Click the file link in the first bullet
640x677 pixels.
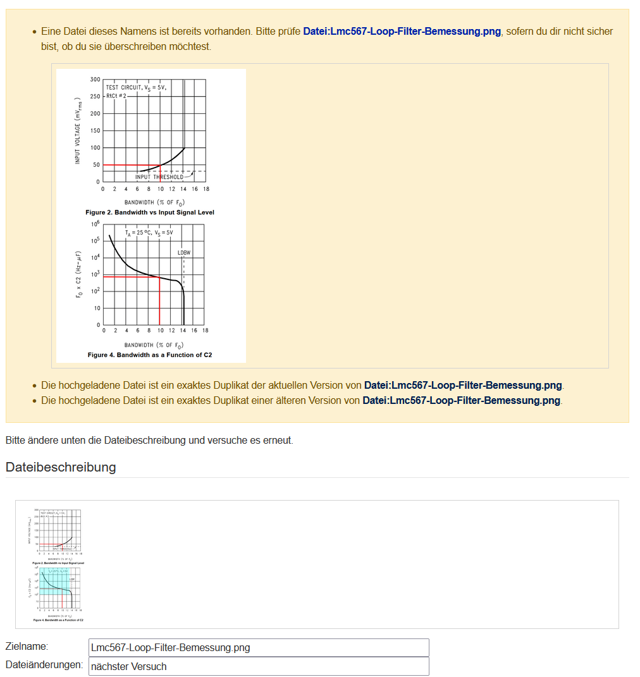[402, 31]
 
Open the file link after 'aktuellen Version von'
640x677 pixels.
[462, 385]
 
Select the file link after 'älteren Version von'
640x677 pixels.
[460, 400]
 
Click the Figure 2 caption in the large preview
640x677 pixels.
[150, 212]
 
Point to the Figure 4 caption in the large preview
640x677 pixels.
[150, 355]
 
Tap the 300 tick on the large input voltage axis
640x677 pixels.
[95, 80]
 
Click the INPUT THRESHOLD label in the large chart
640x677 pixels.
[159, 177]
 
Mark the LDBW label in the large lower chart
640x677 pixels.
[184, 253]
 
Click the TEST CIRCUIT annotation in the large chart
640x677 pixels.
[136, 88]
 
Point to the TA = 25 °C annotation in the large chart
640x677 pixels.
[149, 233]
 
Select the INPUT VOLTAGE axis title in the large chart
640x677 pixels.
[78, 131]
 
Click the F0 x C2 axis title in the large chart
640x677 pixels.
[78, 274]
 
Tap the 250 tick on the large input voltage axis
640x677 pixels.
[95, 97]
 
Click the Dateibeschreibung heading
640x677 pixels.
[61, 467]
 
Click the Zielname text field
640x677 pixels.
[259, 647]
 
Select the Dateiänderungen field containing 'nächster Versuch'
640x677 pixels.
[259, 666]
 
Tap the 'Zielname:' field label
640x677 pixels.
[27, 647]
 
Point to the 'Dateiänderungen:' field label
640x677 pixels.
[44, 665]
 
